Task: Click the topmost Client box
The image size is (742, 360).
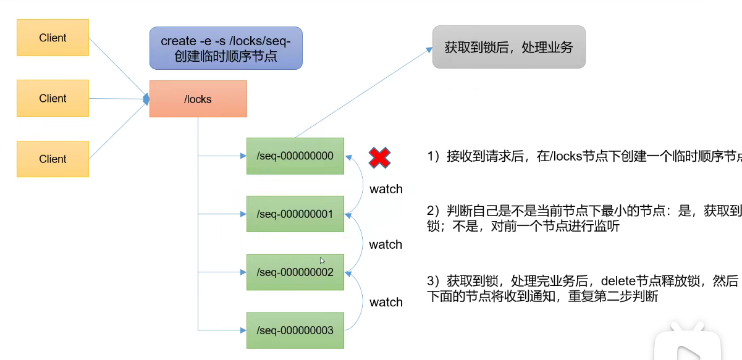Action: click(x=53, y=38)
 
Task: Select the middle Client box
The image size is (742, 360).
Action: click(x=53, y=98)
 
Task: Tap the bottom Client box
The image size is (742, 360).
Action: click(x=53, y=159)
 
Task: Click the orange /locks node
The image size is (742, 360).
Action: click(x=198, y=99)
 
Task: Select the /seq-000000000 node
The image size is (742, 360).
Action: click(x=295, y=156)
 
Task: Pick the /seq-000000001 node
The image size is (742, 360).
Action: click(x=295, y=214)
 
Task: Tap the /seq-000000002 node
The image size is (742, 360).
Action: click(x=295, y=272)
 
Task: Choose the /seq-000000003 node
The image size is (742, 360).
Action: click(x=295, y=330)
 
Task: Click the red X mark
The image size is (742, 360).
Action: click(x=379, y=158)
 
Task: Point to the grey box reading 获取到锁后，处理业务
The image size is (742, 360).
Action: click(x=508, y=47)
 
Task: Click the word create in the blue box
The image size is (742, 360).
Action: click(x=178, y=41)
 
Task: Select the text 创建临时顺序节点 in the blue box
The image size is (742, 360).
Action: click(x=226, y=57)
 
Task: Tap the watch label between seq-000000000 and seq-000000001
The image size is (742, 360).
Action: click(x=386, y=189)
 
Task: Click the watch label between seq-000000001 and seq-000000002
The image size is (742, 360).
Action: click(x=386, y=245)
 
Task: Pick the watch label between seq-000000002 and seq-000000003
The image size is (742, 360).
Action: click(x=386, y=302)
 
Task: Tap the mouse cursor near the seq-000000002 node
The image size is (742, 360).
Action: click(x=322, y=261)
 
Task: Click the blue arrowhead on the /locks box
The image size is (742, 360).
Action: click(x=146, y=98)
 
